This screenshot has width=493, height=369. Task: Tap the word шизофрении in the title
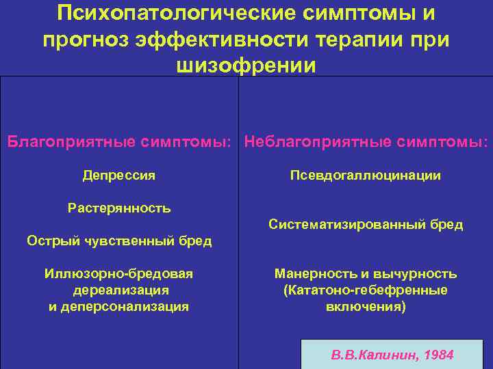click(x=246, y=66)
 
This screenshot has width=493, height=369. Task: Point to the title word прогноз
click(x=87, y=40)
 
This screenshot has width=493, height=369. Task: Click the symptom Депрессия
click(x=118, y=176)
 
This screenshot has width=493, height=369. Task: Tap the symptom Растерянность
click(x=118, y=208)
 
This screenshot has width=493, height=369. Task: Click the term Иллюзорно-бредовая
click(x=118, y=274)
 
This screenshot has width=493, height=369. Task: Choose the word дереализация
click(x=118, y=290)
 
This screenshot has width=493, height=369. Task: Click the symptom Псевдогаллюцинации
click(x=365, y=176)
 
